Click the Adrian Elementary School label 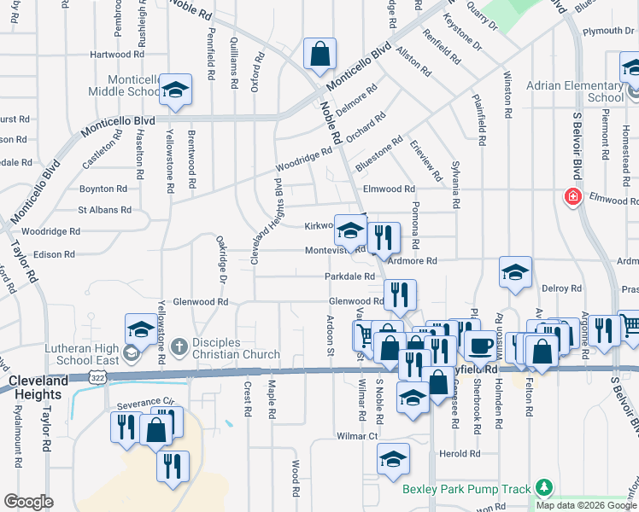click(x=574, y=91)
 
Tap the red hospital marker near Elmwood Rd click(x=572, y=197)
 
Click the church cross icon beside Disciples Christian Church click(x=179, y=346)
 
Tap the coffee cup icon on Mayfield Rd click(x=480, y=345)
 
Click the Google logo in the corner click(x=28, y=502)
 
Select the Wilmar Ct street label click(x=356, y=435)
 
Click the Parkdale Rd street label click(x=349, y=276)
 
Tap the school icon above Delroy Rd click(x=515, y=272)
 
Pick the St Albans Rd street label click(x=104, y=209)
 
